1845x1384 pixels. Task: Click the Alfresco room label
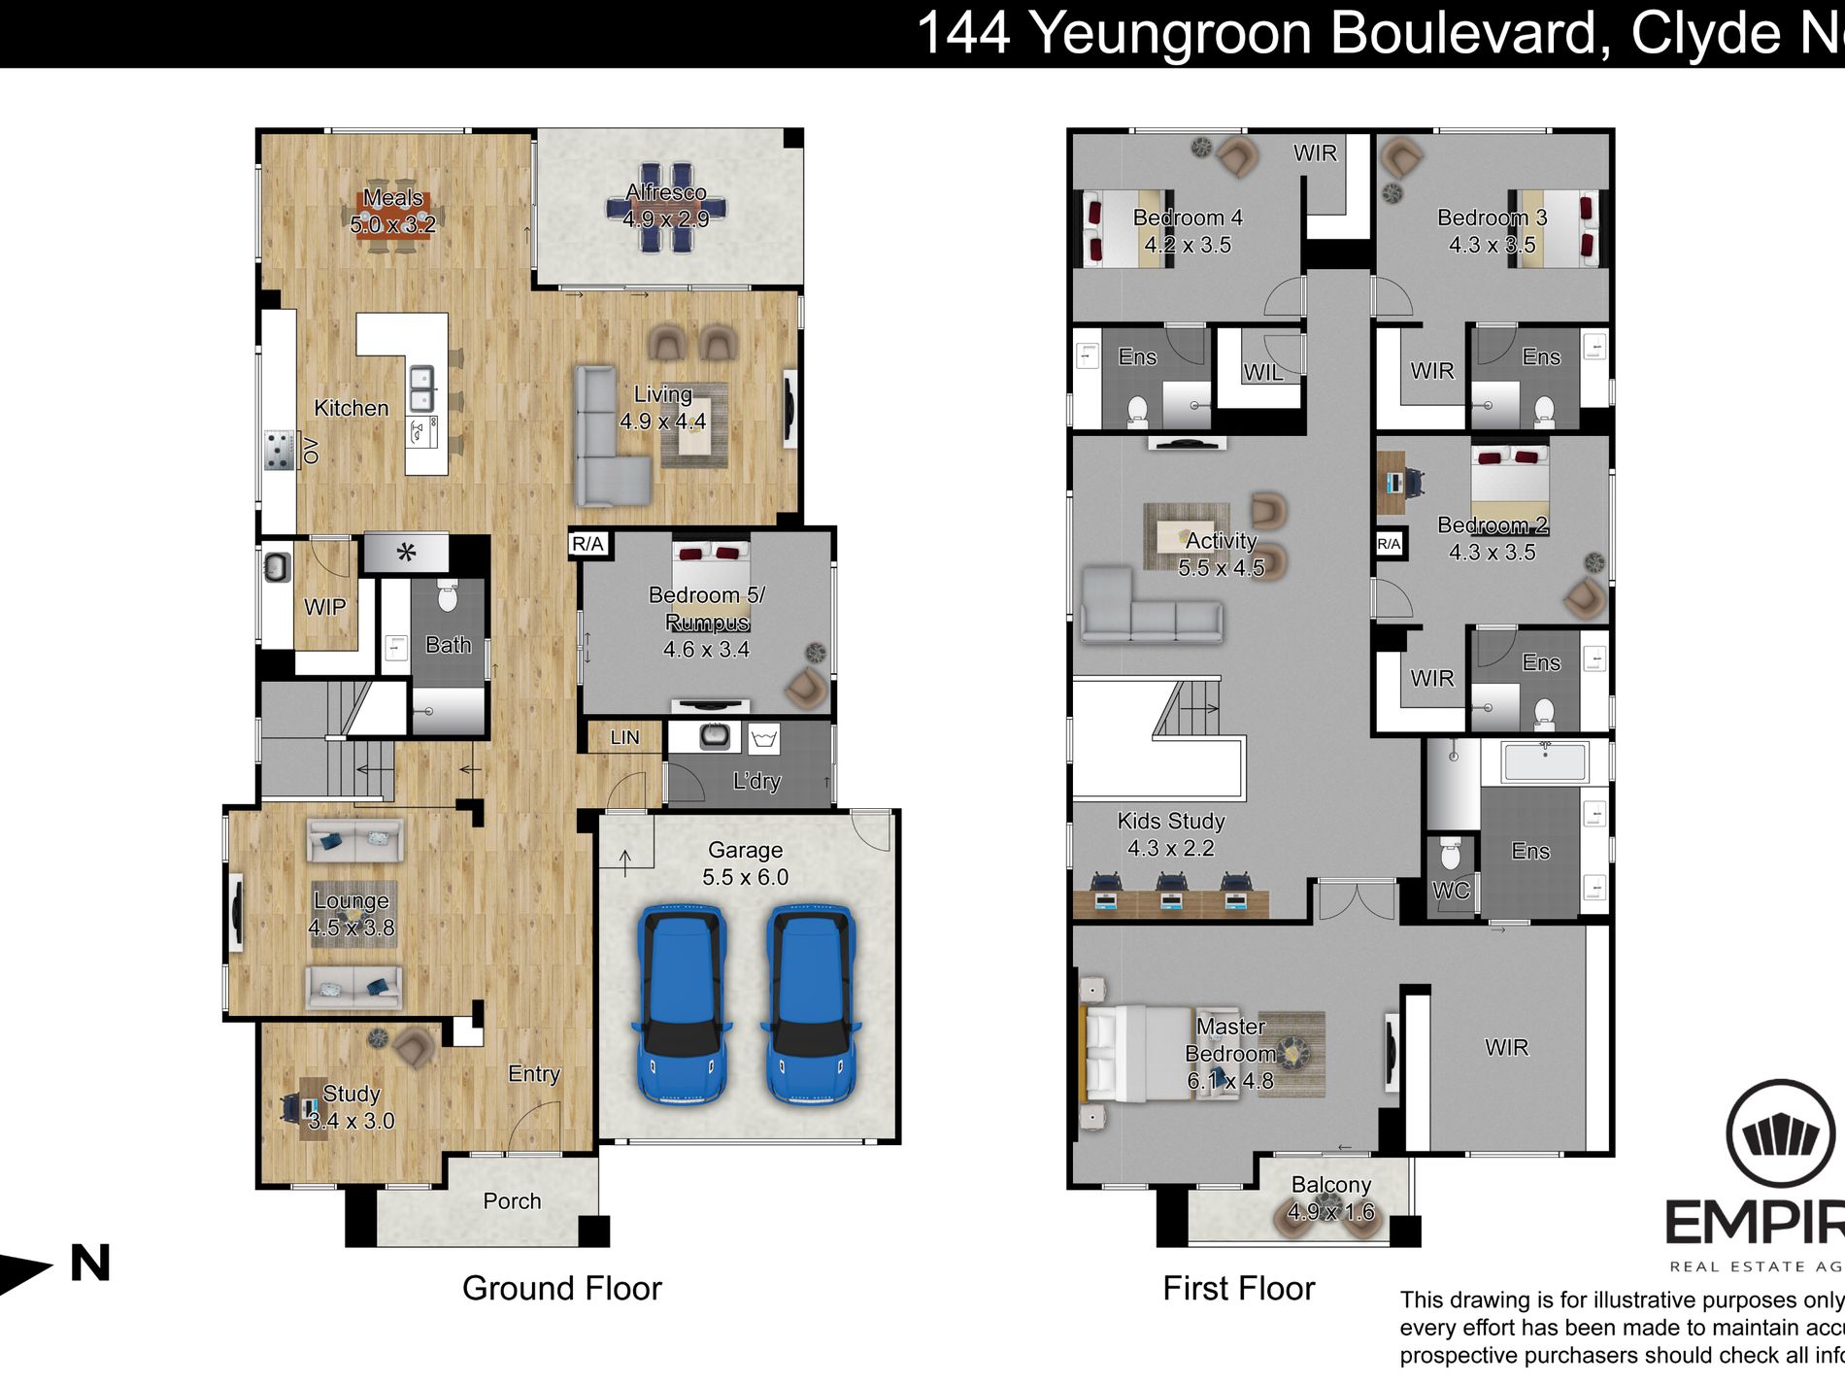(666, 192)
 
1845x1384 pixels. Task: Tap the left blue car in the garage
(681, 1003)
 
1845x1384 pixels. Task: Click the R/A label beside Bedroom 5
(587, 544)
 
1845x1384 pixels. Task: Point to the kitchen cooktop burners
(280, 451)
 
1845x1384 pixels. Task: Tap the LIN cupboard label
(624, 737)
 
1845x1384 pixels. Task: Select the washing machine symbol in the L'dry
(764, 739)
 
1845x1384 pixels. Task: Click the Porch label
(512, 1201)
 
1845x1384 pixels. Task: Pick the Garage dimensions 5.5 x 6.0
(745, 877)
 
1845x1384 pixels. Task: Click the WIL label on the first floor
(1262, 372)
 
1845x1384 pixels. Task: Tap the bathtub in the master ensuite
(1545, 761)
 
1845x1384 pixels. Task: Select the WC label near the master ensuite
(1451, 891)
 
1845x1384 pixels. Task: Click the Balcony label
(1330, 1185)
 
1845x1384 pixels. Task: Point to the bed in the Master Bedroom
(1136, 1053)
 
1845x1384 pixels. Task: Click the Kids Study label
(1171, 821)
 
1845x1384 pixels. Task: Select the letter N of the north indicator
(90, 1264)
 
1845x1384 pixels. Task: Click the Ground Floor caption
(561, 1289)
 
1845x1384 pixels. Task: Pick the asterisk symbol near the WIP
(406, 554)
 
